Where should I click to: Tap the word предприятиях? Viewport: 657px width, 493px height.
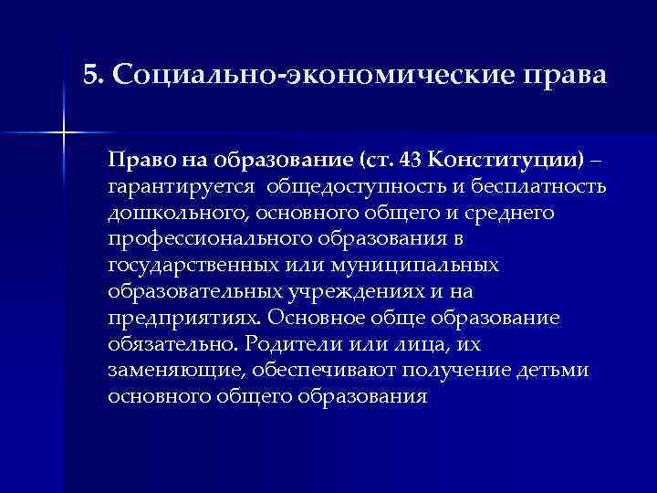(182, 319)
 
